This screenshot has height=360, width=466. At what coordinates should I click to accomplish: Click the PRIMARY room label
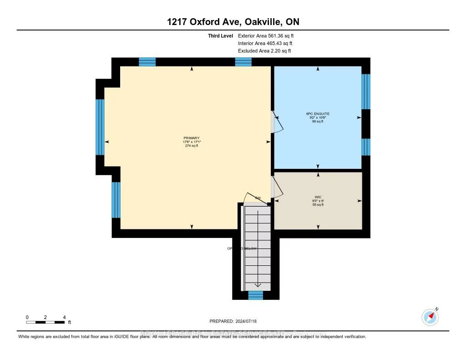191,138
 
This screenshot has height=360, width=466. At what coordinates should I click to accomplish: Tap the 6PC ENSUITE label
318,113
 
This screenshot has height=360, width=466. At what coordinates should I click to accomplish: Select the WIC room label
318,197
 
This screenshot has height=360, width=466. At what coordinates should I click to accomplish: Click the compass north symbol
430,316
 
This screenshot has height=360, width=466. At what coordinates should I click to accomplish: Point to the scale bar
45,322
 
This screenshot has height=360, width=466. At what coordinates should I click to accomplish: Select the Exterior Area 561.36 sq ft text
269,35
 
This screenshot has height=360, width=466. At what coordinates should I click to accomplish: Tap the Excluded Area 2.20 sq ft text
264,51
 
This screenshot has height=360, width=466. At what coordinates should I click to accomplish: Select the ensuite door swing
277,122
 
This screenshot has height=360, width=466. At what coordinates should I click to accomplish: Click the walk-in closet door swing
276,187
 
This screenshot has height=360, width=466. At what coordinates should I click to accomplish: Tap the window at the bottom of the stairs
255,295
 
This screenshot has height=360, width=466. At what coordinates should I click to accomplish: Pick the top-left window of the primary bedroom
147,62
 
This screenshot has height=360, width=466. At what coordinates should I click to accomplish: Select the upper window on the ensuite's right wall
365,91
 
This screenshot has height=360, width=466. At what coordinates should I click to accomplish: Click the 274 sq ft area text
191,146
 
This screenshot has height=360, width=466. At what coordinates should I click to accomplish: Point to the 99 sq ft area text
318,122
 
